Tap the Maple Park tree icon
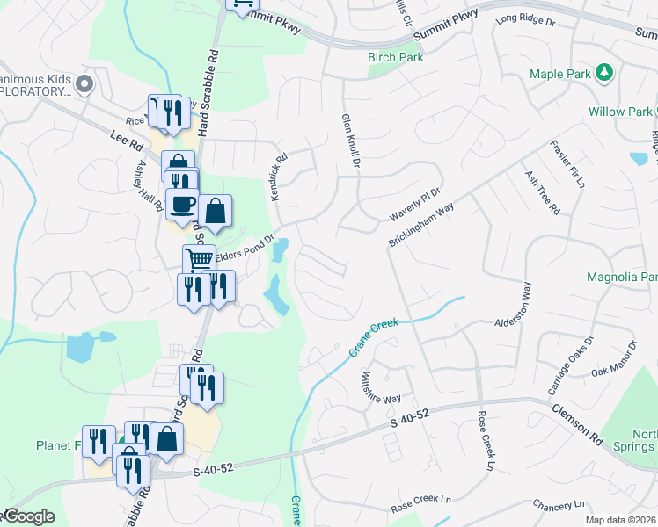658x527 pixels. click(x=604, y=72)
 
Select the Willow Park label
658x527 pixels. click(x=620, y=112)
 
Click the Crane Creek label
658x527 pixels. click(x=374, y=336)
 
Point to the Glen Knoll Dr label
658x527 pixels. click(x=350, y=140)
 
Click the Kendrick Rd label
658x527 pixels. click(x=280, y=178)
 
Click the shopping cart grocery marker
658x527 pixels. click(x=199, y=259)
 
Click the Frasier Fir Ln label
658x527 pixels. click(x=568, y=163)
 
